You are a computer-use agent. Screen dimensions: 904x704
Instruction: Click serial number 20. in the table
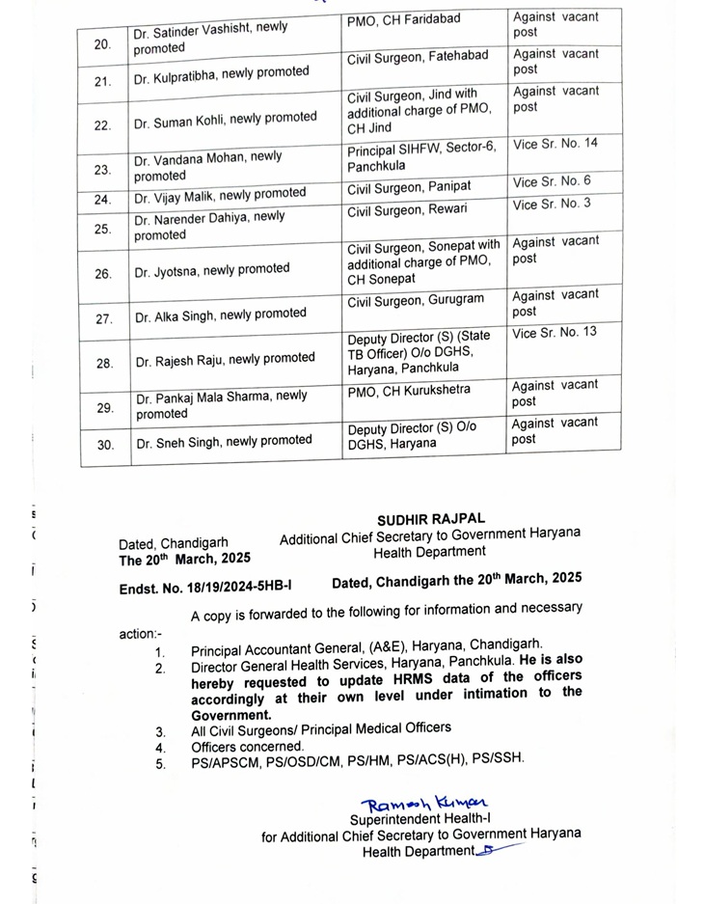pos(103,44)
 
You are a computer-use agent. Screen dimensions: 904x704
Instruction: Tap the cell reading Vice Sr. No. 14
pos(555,144)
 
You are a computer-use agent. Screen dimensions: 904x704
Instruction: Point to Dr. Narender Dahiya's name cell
pos(210,226)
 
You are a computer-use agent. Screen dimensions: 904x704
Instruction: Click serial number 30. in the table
pos(104,445)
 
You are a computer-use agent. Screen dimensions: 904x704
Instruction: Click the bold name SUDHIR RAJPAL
pos(431,519)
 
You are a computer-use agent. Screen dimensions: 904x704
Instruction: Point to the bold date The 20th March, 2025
pos(184,559)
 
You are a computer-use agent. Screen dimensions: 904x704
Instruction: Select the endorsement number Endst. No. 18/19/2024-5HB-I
pos(205,584)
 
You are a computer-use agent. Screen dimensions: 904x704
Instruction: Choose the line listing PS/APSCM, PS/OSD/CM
pos(358,760)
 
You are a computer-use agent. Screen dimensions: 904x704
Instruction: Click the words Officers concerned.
pos(247,745)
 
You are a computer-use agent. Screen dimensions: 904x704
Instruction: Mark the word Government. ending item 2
pos(231,715)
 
